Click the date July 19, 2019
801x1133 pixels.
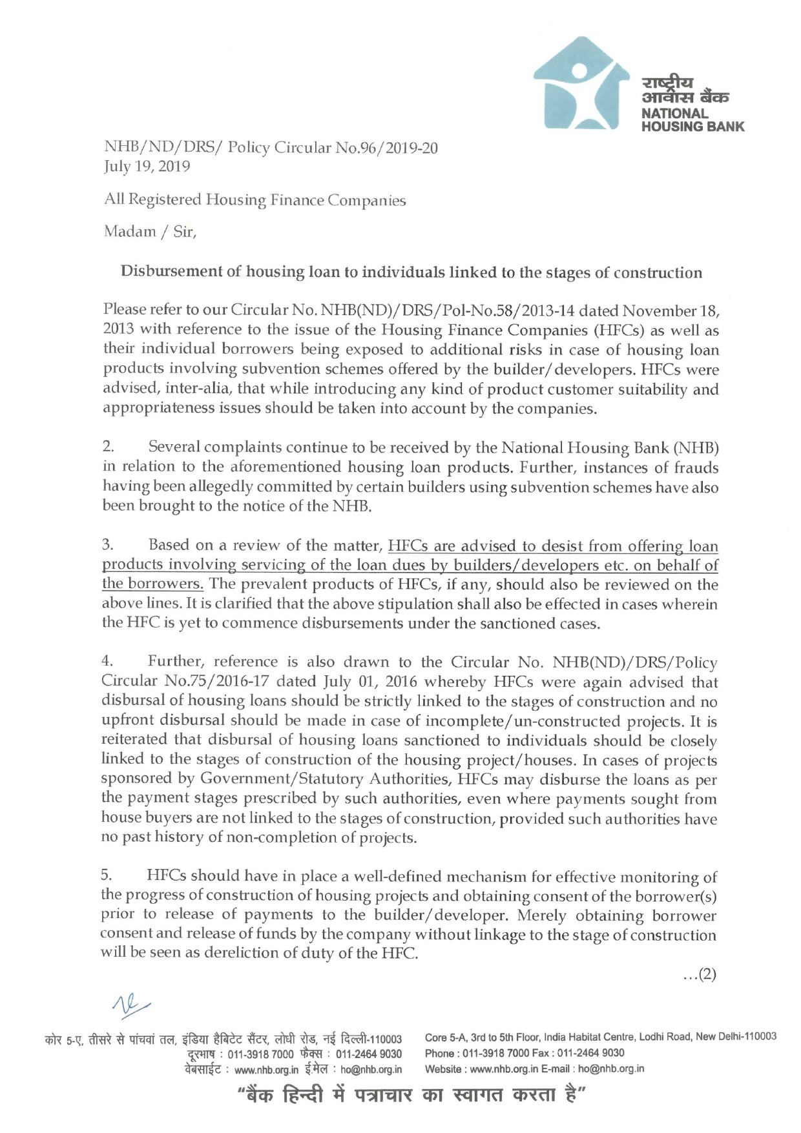[147, 167]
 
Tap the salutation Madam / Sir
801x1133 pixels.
[150, 232]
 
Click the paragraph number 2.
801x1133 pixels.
[108, 447]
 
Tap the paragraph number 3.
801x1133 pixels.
[107, 545]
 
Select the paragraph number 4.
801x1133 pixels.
[107, 661]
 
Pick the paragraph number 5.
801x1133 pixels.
[107, 875]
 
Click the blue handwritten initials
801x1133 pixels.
[130, 1005]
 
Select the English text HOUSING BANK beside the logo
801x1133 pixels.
[692, 127]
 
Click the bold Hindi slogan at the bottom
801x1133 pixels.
[411, 1096]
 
